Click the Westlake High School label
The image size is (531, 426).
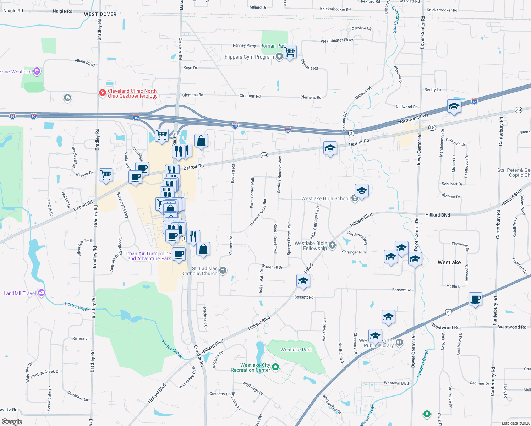click(x=325, y=199)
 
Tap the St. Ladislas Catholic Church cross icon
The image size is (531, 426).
click(x=223, y=271)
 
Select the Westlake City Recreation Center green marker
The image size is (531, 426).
click(x=276, y=367)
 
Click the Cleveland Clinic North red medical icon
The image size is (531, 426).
click(x=102, y=93)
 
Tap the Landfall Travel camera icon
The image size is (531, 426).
click(x=42, y=293)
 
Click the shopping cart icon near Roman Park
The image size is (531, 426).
click(x=290, y=52)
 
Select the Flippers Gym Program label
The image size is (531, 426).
click(x=249, y=57)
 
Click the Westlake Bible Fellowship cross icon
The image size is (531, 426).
click(x=332, y=245)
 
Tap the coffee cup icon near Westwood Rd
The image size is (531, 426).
click(x=475, y=299)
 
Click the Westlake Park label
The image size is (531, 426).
click(x=296, y=350)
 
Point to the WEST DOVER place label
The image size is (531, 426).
click(x=100, y=14)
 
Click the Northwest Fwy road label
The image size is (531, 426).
click(x=413, y=119)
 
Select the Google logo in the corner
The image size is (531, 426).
click(x=12, y=422)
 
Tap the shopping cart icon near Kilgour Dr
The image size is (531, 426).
click(x=106, y=175)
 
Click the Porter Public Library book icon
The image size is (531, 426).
click(x=399, y=343)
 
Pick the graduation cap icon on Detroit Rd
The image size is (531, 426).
click(x=330, y=148)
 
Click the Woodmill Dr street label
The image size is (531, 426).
click(x=272, y=267)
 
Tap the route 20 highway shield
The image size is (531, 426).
click(x=449, y=312)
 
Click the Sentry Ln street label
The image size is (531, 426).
click(x=433, y=90)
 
